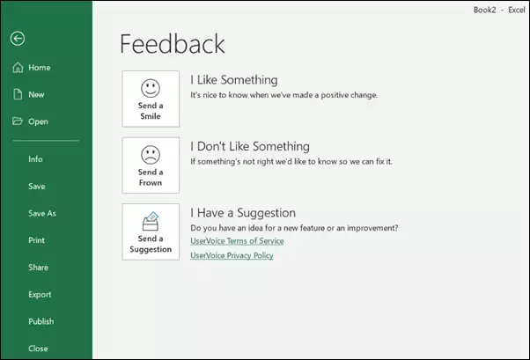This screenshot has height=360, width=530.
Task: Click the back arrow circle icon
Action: pos(18,38)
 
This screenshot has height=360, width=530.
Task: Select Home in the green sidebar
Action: pos(40,68)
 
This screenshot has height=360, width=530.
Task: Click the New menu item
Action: pos(36,95)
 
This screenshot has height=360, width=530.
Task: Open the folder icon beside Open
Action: pos(18,121)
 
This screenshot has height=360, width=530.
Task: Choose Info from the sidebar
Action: pos(35,159)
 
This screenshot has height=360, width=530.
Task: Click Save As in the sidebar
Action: pos(42,213)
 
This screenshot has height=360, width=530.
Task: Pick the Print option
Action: pos(36,240)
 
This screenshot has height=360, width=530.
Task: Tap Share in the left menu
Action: pos(38,268)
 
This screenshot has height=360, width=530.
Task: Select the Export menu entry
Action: pos(40,295)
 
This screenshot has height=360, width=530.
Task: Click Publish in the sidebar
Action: pos(40,321)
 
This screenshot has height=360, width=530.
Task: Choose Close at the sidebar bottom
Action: pos(38,349)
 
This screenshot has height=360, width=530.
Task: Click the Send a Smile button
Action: pos(151,99)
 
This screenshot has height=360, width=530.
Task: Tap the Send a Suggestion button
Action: pos(151,231)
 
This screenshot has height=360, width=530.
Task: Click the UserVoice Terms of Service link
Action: pos(237,241)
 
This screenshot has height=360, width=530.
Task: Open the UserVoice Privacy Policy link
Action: pos(232,255)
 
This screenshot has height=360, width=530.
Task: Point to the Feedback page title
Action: pos(173,44)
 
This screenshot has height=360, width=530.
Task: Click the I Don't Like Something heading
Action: pos(250,146)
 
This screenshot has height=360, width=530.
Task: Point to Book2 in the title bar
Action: pos(485,10)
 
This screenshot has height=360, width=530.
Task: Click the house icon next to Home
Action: pos(18,67)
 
